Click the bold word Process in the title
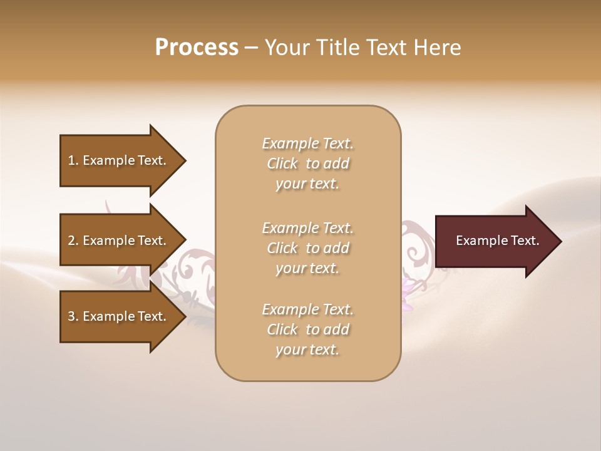pos(197,48)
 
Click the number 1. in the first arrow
pos(73,161)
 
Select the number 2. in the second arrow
pos(73,241)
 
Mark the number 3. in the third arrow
pos(73,317)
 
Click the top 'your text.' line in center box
pos(307,184)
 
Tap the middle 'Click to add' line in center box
pos(307,248)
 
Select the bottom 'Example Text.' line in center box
pos(307,309)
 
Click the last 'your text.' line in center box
pos(307,350)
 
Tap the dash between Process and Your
pos(252,48)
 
